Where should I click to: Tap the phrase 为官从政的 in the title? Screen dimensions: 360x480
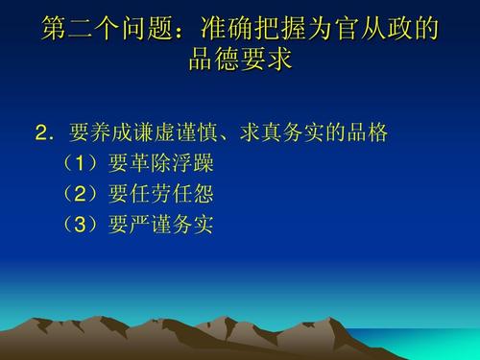coord(372,29)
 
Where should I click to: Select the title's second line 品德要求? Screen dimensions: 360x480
coord(240,60)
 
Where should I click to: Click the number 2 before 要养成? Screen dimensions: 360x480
coord(42,132)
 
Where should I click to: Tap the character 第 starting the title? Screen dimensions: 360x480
coord(54,29)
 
